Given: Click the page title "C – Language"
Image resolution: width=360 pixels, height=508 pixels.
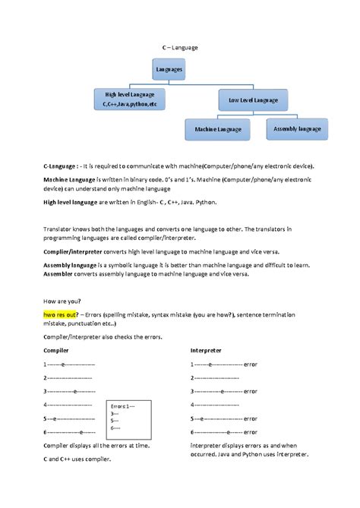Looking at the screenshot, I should pyautogui.click(x=180, y=47).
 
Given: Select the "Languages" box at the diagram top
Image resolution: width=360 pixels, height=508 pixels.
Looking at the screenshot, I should pyautogui.click(x=169, y=70).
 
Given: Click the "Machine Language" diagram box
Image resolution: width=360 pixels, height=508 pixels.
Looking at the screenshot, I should pyautogui.click(x=217, y=130).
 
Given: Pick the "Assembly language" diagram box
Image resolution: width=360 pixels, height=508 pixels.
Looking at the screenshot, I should pyautogui.click(x=297, y=129).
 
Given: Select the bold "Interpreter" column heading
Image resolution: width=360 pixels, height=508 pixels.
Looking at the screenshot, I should pyautogui.click(x=207, y=352).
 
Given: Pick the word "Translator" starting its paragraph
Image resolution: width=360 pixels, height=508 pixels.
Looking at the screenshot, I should pyautogui.click(x=62, y=227).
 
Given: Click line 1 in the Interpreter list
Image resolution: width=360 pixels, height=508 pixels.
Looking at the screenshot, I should pyautogui.click(x=223, y=364).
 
